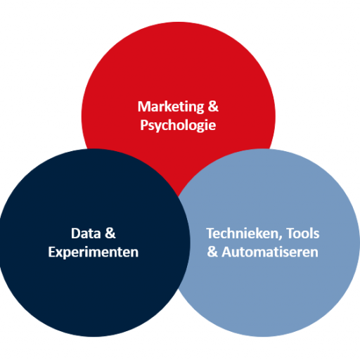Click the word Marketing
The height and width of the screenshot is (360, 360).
[171, 107]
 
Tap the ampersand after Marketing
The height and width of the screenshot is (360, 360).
[213, 106]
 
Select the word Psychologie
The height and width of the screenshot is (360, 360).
[178, 125]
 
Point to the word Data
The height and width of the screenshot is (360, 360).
[86, 233]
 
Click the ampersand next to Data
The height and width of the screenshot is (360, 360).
[110, 233]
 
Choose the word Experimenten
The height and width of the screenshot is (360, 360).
[94, 252]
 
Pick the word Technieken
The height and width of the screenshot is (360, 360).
[243, 233]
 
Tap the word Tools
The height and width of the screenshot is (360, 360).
[303, 233]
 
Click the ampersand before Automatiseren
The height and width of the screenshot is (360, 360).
[212, 252]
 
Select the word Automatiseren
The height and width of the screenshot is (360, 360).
[270, 252]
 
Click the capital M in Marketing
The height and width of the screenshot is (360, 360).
[143, 107]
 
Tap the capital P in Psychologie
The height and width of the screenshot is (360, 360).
[144, 124]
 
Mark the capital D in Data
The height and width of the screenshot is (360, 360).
[75, 233]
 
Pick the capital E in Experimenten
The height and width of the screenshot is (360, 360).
[51, 252]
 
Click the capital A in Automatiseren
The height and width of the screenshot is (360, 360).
[226, 252]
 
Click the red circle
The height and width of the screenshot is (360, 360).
[178, 82]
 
